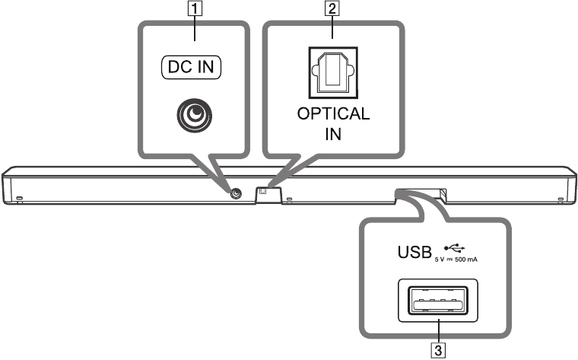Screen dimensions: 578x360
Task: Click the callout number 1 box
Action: tap(195, 8)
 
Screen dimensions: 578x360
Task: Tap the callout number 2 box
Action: tap(332, 8)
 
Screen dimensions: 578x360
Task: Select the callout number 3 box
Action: tap(438, 350)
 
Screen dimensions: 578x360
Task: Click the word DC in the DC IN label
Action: tap(179, 67)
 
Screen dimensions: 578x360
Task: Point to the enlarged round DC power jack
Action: tap(194, 116)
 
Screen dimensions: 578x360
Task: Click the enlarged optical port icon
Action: tap(333, 72)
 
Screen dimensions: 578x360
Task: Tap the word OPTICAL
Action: tap(333, 113)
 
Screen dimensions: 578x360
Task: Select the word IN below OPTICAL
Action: tap(333, 134)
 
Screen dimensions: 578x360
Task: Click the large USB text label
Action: tap(414, 252)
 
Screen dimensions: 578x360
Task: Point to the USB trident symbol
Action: tap(455, 247)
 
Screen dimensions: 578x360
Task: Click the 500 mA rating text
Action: tap(466, 260)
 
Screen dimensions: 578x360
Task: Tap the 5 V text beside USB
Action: tap(440, 260)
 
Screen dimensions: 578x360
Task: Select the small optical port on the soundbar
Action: tap(263, 191)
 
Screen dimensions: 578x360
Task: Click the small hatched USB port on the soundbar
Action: tap(443, 193)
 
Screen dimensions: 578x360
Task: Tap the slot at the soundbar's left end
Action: tap(19, 199)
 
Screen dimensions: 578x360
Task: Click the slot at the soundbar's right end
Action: tap(561, 199)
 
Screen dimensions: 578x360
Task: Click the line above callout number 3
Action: tap(438, 332)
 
